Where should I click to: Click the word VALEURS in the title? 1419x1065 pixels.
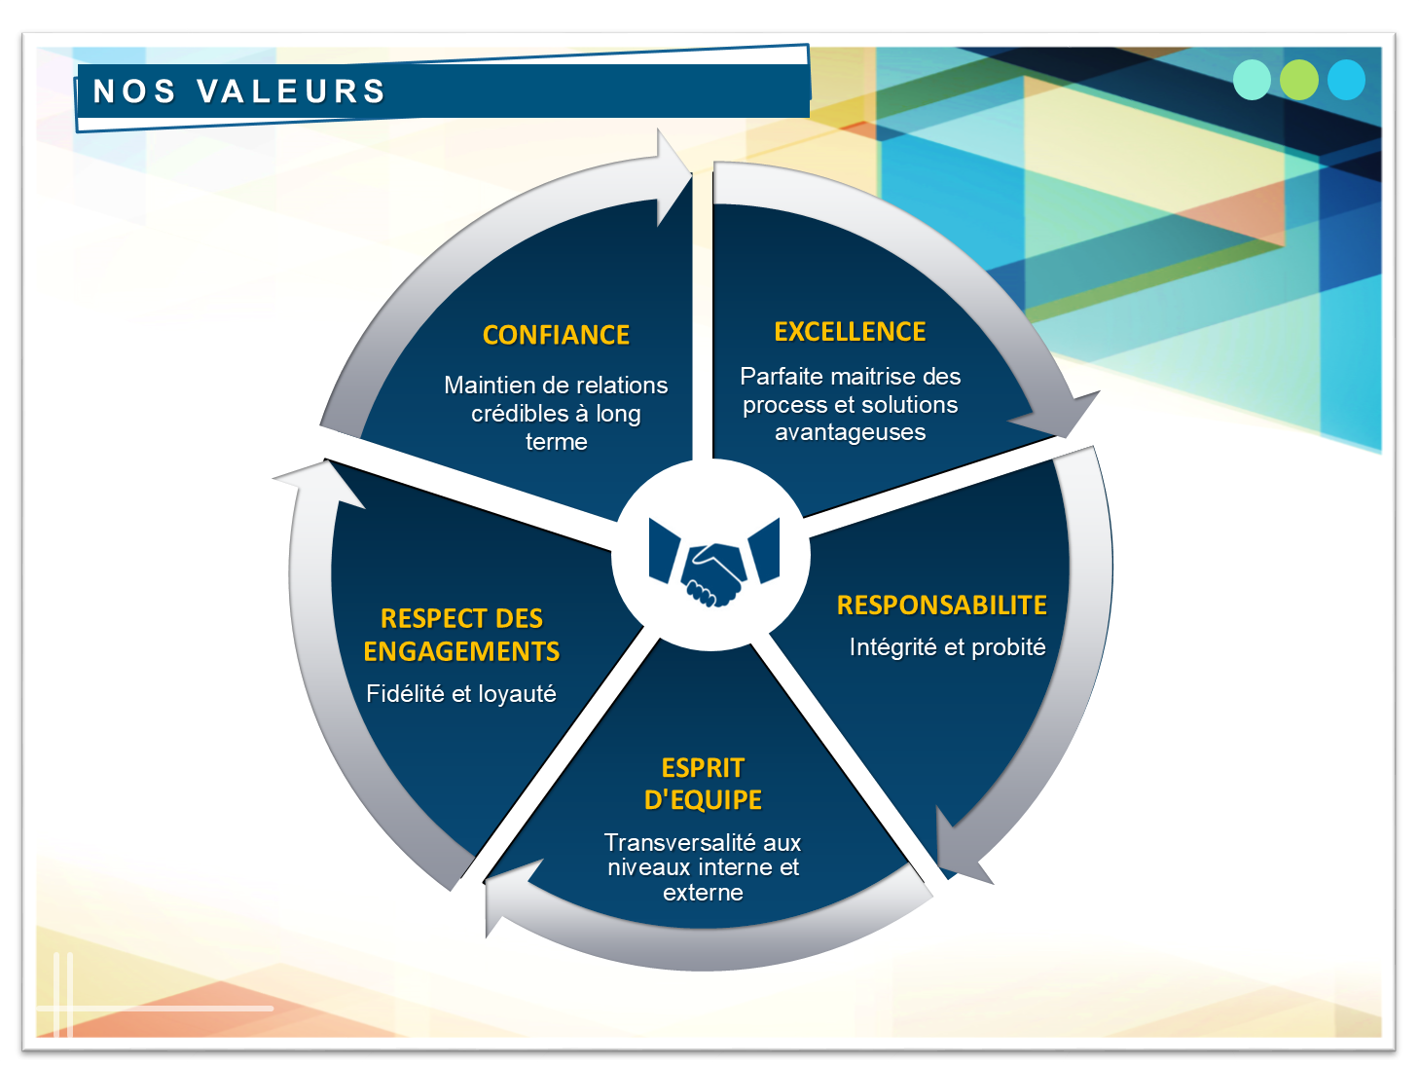tap(291, 92)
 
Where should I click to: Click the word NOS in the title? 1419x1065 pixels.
tap(133, 92)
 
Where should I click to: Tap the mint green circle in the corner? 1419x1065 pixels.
tap(1252, 80)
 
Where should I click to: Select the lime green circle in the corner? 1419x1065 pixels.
tap(1298, 80)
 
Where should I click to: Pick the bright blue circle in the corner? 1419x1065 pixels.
tap(1346, 80)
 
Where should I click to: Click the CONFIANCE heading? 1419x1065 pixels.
tap(556, 335)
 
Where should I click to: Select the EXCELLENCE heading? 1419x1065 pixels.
tap(850, 332)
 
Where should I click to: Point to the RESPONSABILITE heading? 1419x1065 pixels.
tap(942, 606)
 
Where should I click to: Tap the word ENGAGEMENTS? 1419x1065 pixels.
tap(461, 651)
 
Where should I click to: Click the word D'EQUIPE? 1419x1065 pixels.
tap(703, 800)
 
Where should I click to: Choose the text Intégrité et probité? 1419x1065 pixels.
tap(948, 647)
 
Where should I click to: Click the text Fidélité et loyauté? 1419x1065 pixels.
tap(461, 694)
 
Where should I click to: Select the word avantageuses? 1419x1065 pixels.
tap(850, 432)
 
